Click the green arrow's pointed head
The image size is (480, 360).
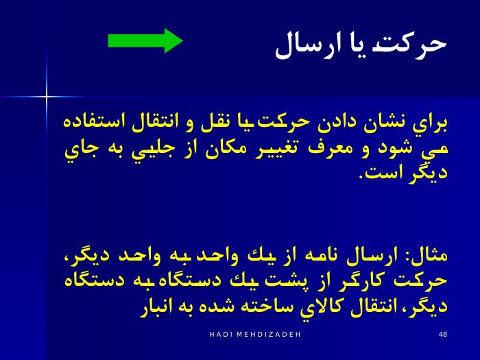click(183, 40)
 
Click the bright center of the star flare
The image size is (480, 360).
click(47, 97)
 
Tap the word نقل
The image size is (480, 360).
click(214, 122)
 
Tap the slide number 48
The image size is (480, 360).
click(443, 335)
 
